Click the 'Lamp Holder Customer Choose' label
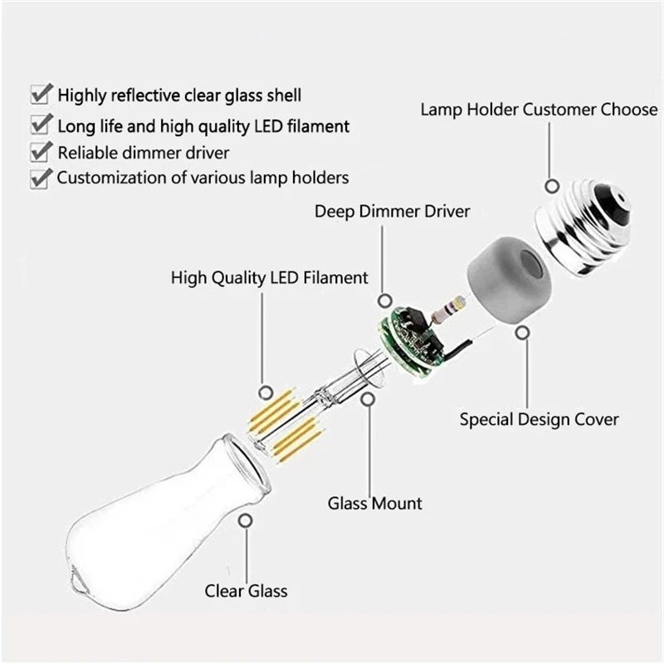click(539, 110)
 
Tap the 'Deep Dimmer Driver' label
click(392, 212)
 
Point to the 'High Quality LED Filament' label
click(269, 276)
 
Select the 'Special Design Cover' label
click(539, 418)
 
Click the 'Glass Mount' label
click(374, 503)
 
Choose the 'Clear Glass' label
click(246, 591)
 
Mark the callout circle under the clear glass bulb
click(246, 520)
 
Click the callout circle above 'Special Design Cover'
click(523, 333)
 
